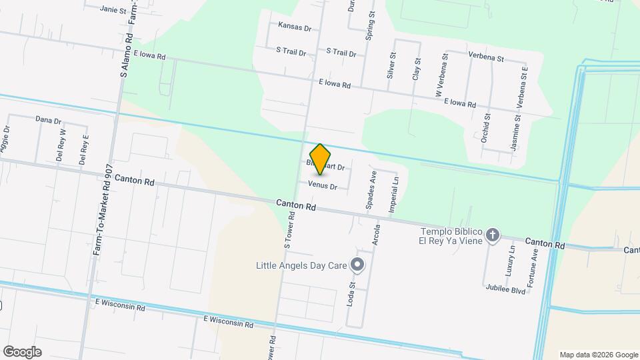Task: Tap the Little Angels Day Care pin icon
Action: [357, 265]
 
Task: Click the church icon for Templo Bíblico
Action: [493, 235]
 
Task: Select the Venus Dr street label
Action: [323, 186]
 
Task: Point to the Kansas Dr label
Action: [295, 28]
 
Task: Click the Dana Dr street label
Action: [48, 121]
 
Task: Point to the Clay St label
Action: [417, 69]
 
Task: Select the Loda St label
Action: [353, 292]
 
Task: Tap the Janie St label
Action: [113, 9]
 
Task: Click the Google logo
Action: [22, 351]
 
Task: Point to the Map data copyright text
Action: [598, 355]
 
